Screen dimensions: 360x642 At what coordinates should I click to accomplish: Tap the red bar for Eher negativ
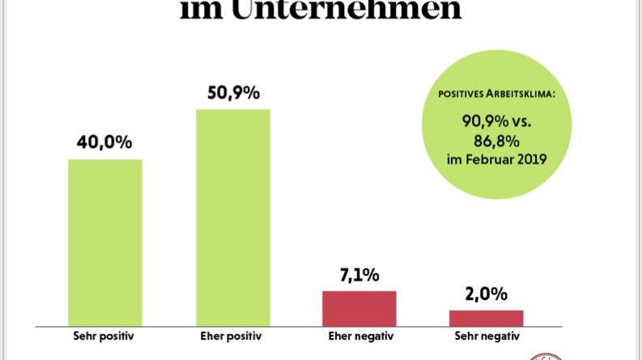359,307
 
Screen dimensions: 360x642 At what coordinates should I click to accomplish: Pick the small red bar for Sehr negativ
487,316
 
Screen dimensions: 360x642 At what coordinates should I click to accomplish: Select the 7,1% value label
359,275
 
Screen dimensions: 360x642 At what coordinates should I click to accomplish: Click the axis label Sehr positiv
104,335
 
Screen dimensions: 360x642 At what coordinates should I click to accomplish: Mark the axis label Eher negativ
359,335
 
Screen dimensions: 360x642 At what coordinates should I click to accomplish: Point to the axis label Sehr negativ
487,335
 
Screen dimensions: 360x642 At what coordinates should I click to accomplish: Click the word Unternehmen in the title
369,11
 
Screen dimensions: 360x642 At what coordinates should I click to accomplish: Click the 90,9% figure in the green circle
481,122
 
